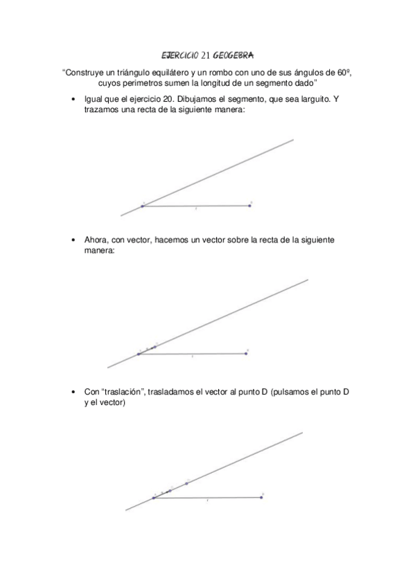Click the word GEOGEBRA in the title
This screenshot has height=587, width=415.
tap(234, 54)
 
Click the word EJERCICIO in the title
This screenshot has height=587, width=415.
tap(178, 54)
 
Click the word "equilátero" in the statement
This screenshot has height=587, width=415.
tap(170, 72)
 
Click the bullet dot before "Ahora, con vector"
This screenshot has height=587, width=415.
tap(73, 240)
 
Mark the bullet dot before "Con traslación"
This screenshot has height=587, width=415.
tap(73, 392)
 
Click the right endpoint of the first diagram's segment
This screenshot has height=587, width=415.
tap(250, 205)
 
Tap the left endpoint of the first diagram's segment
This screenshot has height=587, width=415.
tap(142, 206)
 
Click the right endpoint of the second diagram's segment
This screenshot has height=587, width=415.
tap(246, 353)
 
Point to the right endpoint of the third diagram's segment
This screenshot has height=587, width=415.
tap(261, 497)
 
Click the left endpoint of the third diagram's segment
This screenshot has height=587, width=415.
tap(153, 498)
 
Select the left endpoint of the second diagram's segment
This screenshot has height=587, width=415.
tap(138, 354)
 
